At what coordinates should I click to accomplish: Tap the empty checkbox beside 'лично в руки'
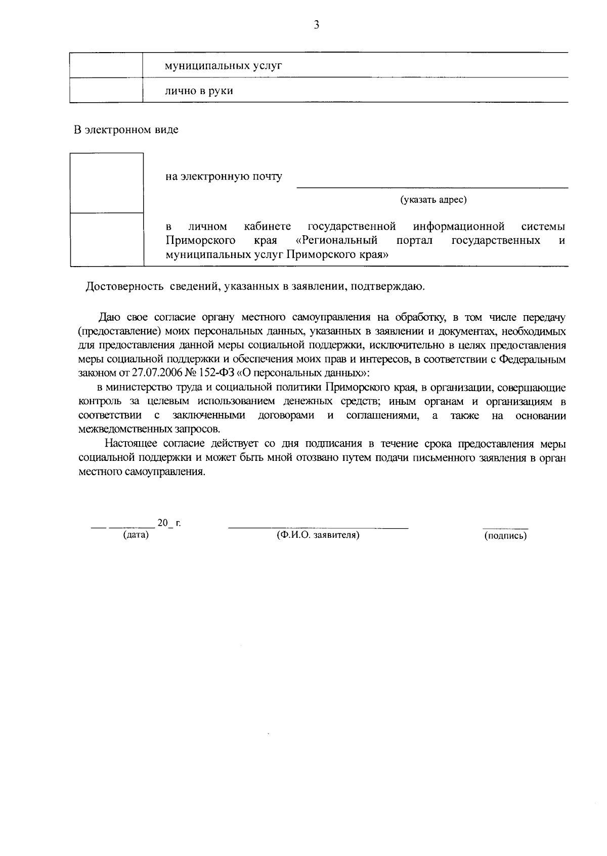click(x=106, y=91)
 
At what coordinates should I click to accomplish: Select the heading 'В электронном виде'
click(x=126, y=130)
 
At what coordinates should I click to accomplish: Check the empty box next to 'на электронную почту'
click(x=106, y=183)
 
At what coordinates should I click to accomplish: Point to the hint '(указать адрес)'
click(x=433, y=200)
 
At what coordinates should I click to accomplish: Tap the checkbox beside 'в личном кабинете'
click(x=106, y=239)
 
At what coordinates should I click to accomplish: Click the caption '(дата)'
click(x=136, y=535)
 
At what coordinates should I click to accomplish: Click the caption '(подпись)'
click(x=505, y=536)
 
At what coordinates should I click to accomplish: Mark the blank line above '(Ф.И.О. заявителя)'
click(x=318, y=527)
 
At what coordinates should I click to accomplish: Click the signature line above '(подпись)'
click(x=505, y=528)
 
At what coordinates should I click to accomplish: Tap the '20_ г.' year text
click(x=169, y=523)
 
